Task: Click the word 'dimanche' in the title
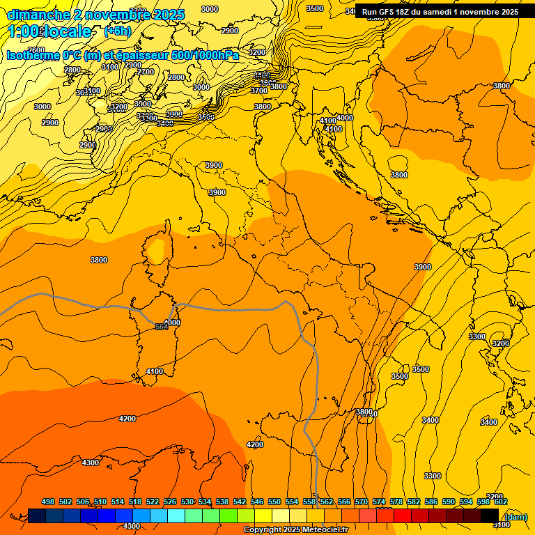pyautogui.click(x=35, y=15)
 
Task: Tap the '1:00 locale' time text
pyautogui.click(x=49, y=31)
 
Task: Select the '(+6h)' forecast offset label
pyautogui.click(x=117, y=31)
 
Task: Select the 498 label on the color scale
pyautogui.click(x=48, y=502)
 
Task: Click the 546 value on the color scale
pyautogui.click(x=257, y=502)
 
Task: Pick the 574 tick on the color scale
pyautogui.click(x=379, y=502)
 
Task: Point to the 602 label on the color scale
pyautogui.click(x=501, y=502)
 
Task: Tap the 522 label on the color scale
pyautogui.click(x=153, y=502)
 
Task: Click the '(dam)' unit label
pyautogui.click(x=515, y=516)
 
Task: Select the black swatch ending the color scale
pyautogui.click(x=490, y=515)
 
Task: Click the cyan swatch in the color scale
pyautogui.click(x=176, y=515)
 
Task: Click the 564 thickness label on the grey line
pyautogui.click(x=161, y=327)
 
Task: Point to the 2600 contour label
pyautogui.click(x=36, y=50)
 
